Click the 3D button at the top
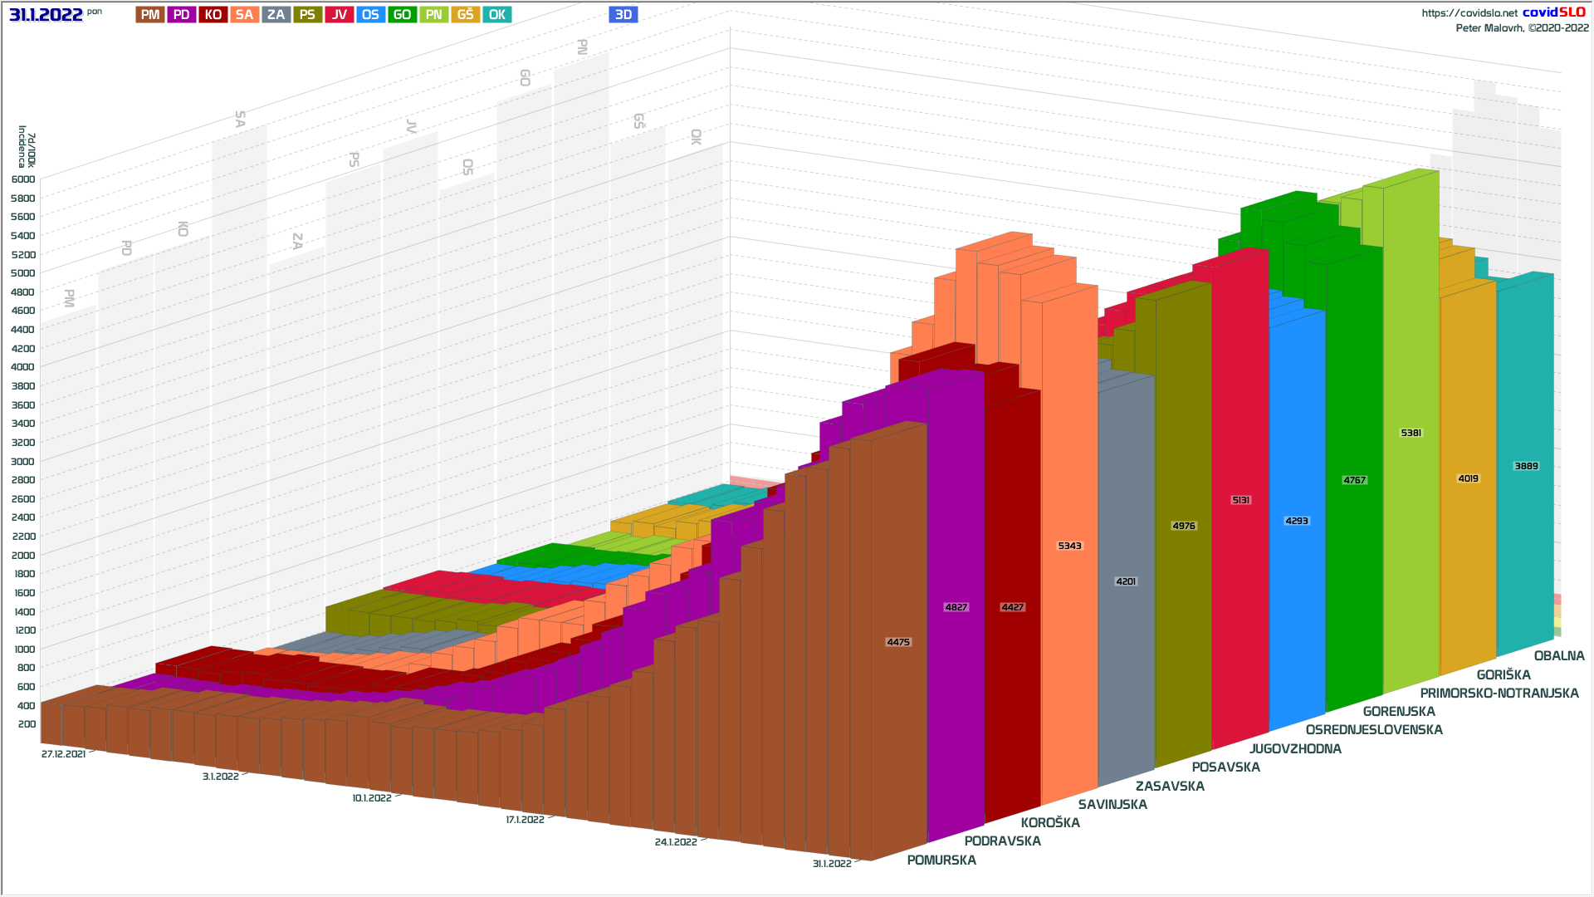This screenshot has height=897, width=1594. tap(623, 15)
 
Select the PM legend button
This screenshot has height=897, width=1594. tap(150, 15)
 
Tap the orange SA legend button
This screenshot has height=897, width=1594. tap(244, 15)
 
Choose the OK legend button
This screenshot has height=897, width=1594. tap(496, 15)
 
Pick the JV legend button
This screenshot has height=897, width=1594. tap(339, 15)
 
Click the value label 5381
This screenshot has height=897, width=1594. tap(1411, 433)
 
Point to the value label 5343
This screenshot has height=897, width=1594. tap(1069, 546)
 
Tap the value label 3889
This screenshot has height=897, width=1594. tap(1526, 466)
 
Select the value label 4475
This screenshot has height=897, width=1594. tap(898, 642)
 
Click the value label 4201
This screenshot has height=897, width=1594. tap(1126, 581)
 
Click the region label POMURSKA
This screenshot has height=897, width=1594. tap(941, 860)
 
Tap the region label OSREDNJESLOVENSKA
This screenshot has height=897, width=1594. tap(1374, 730)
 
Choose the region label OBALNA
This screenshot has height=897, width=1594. tap(1559, 656)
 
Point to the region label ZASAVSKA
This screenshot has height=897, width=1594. tap(1170, 787)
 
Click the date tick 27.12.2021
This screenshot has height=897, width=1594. tap(63, 754)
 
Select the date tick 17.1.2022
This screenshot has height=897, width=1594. tap(525, 820)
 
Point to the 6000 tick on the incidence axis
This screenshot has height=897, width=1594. tap(23, 179)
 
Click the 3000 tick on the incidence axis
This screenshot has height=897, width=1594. tap(23, 462)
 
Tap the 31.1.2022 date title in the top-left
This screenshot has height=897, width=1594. tap(46, 15)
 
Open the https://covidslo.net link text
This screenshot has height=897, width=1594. tap(1469, 13)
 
